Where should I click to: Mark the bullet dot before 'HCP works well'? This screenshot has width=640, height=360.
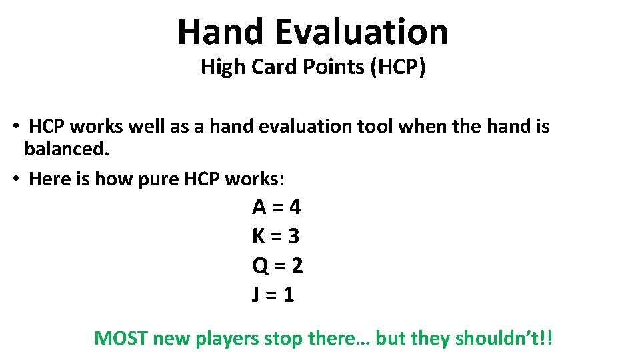15,127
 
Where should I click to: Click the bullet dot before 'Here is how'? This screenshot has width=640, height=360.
15,179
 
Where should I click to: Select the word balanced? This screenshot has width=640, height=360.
66,149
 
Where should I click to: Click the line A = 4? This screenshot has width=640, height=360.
277,207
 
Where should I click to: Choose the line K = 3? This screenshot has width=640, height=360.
277,236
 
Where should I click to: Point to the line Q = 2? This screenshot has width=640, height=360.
277,265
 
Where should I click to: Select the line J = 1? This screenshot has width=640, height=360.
273,295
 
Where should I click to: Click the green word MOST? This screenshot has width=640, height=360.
121,338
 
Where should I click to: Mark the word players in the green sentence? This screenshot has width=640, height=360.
227,339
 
